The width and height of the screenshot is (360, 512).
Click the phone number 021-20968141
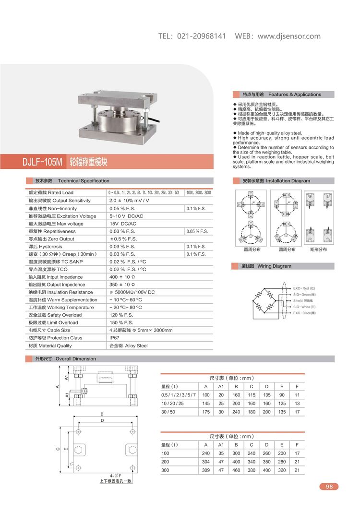point(202,36)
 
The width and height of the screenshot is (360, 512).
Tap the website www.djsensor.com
point(289,36)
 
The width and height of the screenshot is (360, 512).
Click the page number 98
point(329,486)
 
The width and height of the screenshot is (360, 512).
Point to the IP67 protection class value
point(116,338)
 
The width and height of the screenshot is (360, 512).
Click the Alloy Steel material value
point(129,345)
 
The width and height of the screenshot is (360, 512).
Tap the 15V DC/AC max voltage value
point(123,224)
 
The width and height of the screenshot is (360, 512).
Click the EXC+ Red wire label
point(304,288)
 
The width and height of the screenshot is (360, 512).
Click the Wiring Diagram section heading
point(274,266)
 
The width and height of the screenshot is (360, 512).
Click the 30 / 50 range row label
point(169,412)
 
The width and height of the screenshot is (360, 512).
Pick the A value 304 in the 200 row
point(206,462)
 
